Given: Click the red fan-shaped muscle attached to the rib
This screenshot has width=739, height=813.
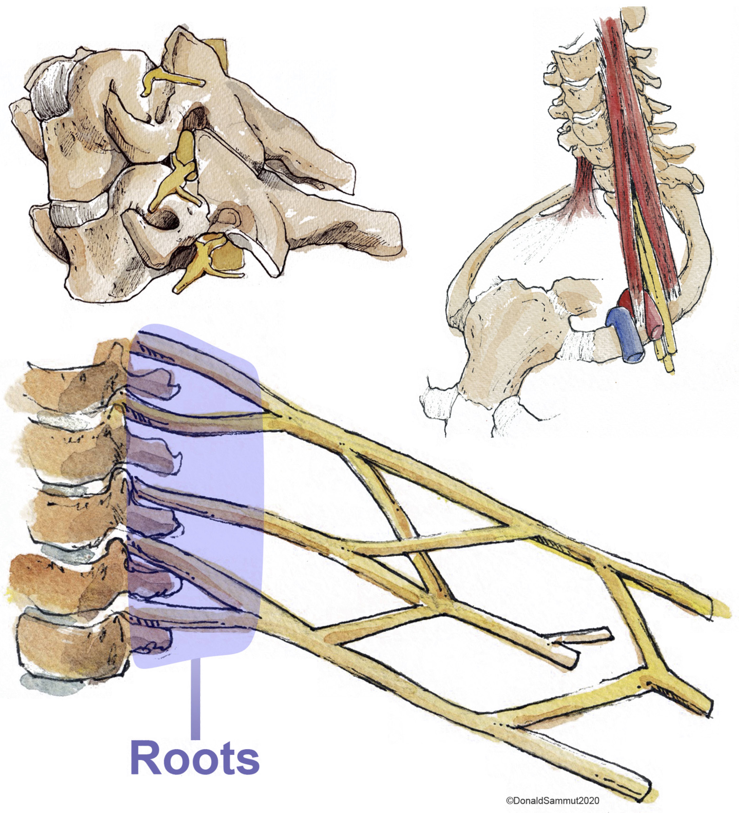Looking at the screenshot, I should pos(585,181).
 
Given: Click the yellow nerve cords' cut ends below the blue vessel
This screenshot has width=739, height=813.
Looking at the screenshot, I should pos(666,359).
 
